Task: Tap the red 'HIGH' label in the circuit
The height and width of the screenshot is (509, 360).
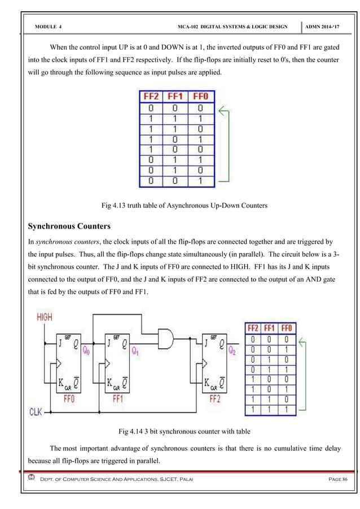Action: coord(45,317)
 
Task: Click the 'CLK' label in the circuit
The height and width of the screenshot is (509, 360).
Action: coord(38,411)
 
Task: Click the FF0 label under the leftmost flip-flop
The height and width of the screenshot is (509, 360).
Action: coord(70,398)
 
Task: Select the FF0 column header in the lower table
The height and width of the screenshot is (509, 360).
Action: coord(287,328)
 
